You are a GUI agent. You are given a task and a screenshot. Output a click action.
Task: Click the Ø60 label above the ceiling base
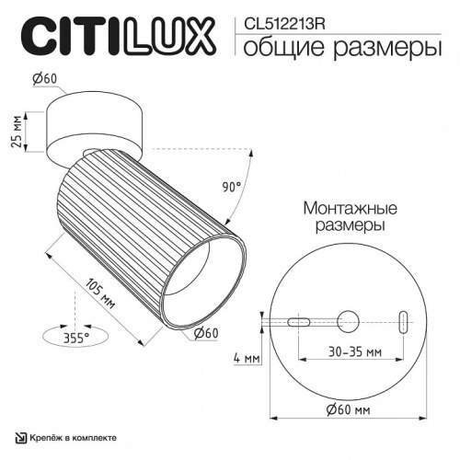(x=46, y=80)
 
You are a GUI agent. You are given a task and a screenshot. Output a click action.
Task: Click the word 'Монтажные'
(x=341, y=207)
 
